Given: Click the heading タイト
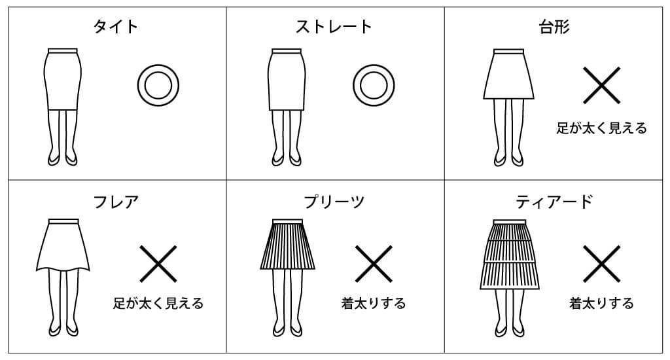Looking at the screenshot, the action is click(115, 26).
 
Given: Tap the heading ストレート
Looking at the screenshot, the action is click(333, 26).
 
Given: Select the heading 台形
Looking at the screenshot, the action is click(554, 26).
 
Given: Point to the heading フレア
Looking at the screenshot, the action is click(116, 202).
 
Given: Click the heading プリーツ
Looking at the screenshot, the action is click(333, 202).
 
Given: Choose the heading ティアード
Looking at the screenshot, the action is click(554, 202).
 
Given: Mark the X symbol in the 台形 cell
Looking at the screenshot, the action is click(601, 85).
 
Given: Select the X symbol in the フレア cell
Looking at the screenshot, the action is click(158, 263).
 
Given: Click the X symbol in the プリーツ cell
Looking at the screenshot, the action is click(374, 263).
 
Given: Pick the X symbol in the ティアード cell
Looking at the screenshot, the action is click(601, 263).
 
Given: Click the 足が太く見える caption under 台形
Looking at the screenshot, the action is click(601, 128).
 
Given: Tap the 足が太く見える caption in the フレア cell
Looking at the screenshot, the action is click(158, 303).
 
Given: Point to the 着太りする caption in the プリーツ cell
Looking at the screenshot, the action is click(374, 303).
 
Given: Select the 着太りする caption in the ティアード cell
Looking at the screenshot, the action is click(601, 303).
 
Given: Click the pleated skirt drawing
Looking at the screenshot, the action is click(287, 245).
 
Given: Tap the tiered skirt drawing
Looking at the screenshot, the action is click(509, 255).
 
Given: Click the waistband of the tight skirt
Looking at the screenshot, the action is click(63, 50).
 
